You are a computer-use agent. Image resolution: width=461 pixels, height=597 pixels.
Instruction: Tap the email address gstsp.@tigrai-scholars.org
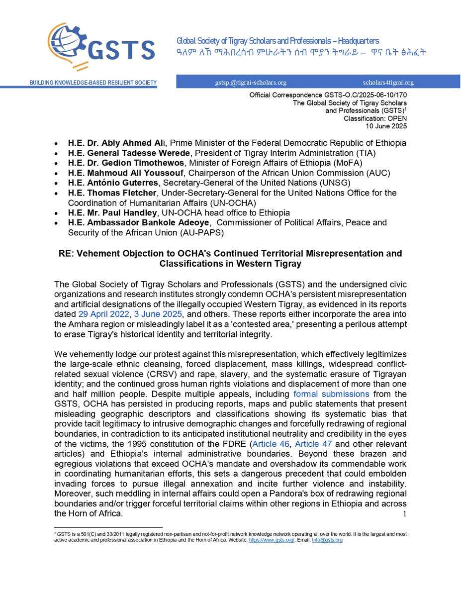click(247, 83)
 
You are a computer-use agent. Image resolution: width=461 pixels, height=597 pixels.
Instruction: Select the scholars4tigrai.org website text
click(388, 83)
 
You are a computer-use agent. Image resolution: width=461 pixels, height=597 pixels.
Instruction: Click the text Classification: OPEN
click(375, 118)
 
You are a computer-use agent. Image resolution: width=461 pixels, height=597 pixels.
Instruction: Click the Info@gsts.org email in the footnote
click(327, 540)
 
